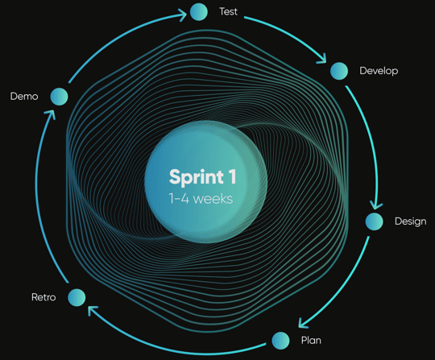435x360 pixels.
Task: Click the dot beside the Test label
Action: pos(199,12)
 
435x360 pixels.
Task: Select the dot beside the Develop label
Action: pos(339,71)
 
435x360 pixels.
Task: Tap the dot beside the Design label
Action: pos(375,221)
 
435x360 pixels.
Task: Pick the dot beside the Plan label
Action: pos(280,341)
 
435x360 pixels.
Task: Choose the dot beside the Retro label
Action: pos(77,297)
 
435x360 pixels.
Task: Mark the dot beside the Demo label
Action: pos(59,97)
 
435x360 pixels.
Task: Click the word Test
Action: pos(228,11)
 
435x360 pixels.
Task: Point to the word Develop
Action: pos(379,71)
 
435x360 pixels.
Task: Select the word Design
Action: pos(411,221)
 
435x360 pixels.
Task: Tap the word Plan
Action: pos(311,341)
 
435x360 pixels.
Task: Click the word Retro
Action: pos(43,297)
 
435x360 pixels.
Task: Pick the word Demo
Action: pos(24,97)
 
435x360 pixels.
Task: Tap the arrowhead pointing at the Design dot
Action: pos(376,205)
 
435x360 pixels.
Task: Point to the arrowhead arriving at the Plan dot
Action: pos(303,323)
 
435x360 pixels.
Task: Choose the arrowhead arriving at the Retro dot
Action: pos(92,310)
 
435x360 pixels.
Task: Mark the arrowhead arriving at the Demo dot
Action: pos(51,114)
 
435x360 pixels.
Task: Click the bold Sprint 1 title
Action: pos(203,177)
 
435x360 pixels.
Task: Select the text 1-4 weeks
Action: pos(201,199)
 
